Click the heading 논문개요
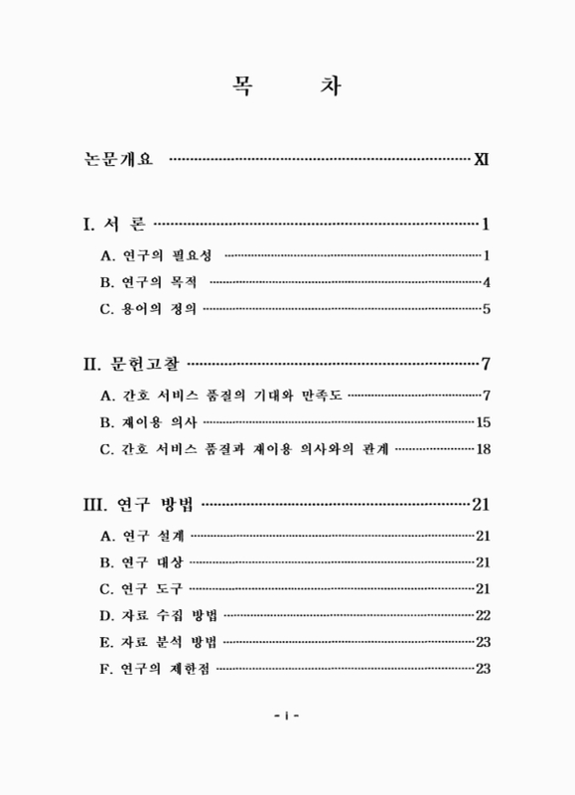pyautogui.click(x=119, y=158)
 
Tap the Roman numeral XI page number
pyautogui.click(x=482, y=158)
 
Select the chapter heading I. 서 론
pyautogui.click(x=116, y=223)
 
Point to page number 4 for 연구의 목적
pyautogui.click(x=487, y=282)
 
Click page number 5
pyautogui.click(x=487, y=309)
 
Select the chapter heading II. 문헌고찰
pyautogui.click(x=132, y=363)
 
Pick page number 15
pyautogui.click(x=484, y=422)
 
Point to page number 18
pyautogui.click(x=484, y=449)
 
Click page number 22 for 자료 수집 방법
pyautogui.click(x=484, y=616)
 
